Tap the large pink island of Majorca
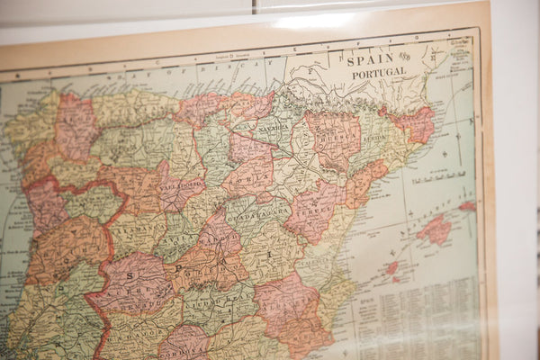tap(437, 230)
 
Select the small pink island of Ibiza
tap(391, 267)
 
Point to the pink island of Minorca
tap(468, 206)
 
